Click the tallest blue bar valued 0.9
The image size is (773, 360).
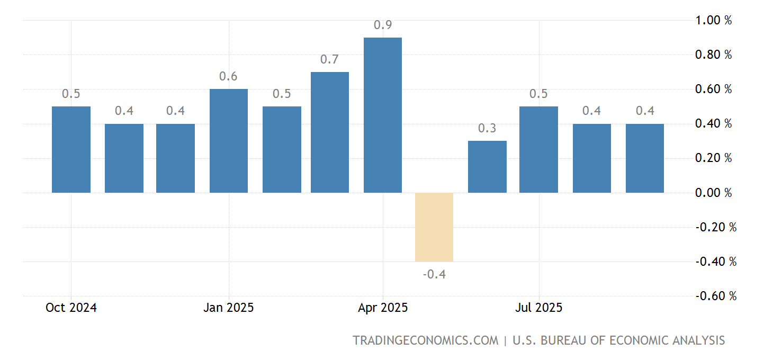pyautogui.click(x=382, y=115)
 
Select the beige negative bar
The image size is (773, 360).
pyautogui.click(x=434, y=227)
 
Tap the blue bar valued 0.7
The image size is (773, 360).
pyautogui.click(x=329, y=132)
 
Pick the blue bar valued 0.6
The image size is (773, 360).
pyautogui.click(x=229, y=141)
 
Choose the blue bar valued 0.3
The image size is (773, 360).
pyautogui.click(x=487, y=167)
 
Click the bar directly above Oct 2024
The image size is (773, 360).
pyautogui.click(x=71, y=149)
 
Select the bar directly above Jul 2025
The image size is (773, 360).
pyautogui.click(x=538, y=149)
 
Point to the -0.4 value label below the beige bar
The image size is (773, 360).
pyautogui.click(x=434, y=274)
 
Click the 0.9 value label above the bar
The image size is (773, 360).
pyautogui.click(x=382, y=25)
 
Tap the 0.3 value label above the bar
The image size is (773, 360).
pyautogui.click(x=487, y=129)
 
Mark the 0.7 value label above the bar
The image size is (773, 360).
pyautogui.click(x=329, y=59)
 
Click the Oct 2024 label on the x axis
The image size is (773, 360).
pyautogui.click(x=71, y=308)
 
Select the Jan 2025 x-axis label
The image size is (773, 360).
pyautogui.click(x=229, y=308)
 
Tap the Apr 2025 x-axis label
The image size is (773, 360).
pyautogui.click(x=382, y=308)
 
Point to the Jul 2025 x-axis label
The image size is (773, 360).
pyautogui.click(x=538, y=308)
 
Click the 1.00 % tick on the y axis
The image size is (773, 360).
pyautogui.click(x=713, y=20)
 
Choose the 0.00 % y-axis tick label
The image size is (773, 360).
pyautogui.click(x=713, y=193)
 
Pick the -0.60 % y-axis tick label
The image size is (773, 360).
pyautogui.click(x=715, y=296)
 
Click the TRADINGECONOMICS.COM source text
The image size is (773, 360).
pyautogui.click(x=426, y=340)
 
